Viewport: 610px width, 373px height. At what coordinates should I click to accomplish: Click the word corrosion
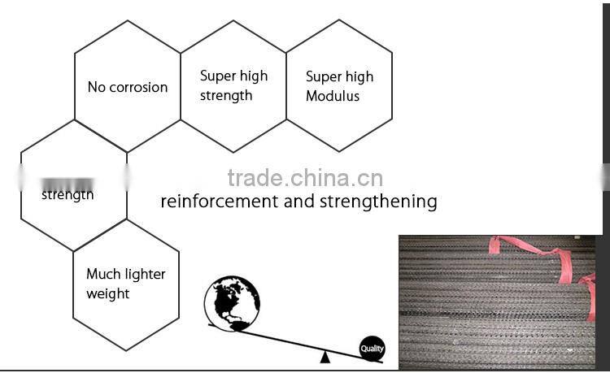[138, 87]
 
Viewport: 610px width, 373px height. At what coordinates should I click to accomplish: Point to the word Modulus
[333, 96]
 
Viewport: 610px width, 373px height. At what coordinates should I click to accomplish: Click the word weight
[108, 293]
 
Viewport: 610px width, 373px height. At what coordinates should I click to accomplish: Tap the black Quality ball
[372, 349]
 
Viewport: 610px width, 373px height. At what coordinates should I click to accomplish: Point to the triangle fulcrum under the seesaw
[325, 356]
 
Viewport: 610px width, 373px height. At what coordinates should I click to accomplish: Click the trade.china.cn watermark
[305, 178]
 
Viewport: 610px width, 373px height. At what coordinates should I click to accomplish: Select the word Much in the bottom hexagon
[104, 274]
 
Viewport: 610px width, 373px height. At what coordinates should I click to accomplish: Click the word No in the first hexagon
[96, 87]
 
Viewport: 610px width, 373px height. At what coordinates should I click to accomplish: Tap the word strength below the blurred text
[68, 195]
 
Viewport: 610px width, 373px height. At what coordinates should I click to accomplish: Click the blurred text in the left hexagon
[68, 182]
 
